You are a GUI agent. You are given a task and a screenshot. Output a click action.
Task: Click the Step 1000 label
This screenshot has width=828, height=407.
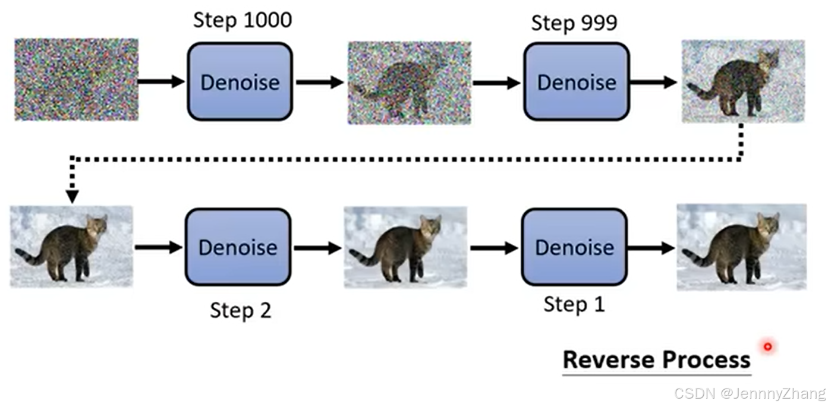(x=243, y=20)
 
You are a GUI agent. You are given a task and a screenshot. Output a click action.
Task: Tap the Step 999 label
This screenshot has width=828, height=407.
(x=574, y=23)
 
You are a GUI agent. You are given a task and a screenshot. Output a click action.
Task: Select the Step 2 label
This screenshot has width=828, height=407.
(x=241, y=310)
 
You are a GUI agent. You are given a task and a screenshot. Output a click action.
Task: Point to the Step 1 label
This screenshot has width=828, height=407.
(x=574, y=304)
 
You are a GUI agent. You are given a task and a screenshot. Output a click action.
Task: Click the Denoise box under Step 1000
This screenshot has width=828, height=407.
(x=240, y=81)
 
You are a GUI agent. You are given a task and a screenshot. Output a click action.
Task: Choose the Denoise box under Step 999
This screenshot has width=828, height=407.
(x=577, y=81)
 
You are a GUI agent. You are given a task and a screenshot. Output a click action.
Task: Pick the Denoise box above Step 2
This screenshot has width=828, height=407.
(x=238, y=247)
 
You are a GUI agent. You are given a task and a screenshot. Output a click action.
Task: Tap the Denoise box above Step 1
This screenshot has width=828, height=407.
(x=574, y=247)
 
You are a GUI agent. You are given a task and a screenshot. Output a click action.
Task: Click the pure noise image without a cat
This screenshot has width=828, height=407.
(x=77, y=80)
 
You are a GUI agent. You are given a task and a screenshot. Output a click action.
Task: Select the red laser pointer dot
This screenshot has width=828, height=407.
(x=768, y=347)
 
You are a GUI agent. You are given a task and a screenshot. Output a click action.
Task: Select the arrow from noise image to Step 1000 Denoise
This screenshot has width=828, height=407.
(x=161, y=81)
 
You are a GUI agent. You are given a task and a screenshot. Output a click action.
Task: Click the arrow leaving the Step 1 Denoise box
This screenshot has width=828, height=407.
(x=651, y=248)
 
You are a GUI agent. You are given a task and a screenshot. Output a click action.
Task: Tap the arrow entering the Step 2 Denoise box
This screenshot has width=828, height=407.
(x=159, y=247)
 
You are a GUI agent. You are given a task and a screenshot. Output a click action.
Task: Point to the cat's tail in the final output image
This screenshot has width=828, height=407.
(x=697, y=258)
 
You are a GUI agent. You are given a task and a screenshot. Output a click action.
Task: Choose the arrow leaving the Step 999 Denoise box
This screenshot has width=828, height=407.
(x=653, y=82)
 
